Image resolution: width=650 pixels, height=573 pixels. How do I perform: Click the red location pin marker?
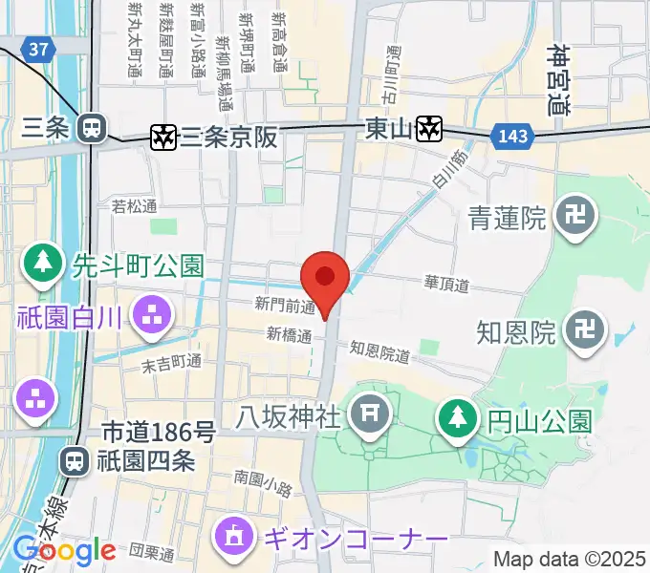(x=324, y=278)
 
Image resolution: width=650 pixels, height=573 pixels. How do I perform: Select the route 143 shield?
(x=512, y=137)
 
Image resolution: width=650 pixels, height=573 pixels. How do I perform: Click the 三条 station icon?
(x=93, y=126)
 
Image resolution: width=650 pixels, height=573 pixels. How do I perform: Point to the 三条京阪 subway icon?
(x=164, y=138)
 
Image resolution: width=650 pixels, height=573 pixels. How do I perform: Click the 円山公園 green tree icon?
(x=458, y=417)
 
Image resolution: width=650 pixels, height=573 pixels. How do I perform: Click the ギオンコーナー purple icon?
(x=234, y=538)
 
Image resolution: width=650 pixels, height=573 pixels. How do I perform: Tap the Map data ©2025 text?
(x=568, y=559)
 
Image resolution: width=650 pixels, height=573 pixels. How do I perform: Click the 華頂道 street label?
(x=447, y=284)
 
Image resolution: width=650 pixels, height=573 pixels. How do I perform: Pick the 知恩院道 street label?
(x=379, y=352)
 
